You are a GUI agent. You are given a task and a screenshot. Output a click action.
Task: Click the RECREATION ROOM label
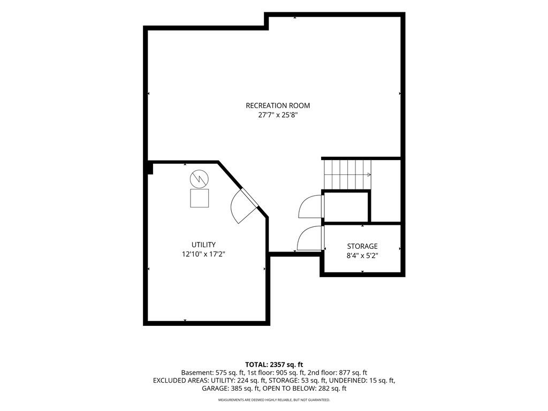(x=278, y=105)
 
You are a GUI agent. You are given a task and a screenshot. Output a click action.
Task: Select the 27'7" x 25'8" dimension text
(x=278, y=115)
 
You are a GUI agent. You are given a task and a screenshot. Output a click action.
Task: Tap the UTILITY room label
(x=203, y=245)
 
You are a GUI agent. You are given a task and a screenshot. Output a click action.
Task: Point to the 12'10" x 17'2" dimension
(x=203, y=254)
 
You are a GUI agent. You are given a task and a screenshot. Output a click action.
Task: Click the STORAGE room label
(x=362, y=246)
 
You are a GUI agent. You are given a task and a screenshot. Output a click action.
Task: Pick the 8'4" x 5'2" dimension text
(x=362, y=255)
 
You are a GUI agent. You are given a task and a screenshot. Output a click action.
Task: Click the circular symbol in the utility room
(x=199, y=179)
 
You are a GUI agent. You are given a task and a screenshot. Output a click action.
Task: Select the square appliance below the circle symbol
(x=200, y=198)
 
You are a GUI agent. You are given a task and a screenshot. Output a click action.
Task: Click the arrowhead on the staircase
(x=369, y=174)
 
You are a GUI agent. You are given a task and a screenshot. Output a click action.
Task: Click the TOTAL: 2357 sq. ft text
(x=274, y=365)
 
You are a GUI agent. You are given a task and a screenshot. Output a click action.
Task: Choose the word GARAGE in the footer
(x=214, y=389)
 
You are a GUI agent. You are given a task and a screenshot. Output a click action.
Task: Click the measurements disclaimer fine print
(x=274, y=400)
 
